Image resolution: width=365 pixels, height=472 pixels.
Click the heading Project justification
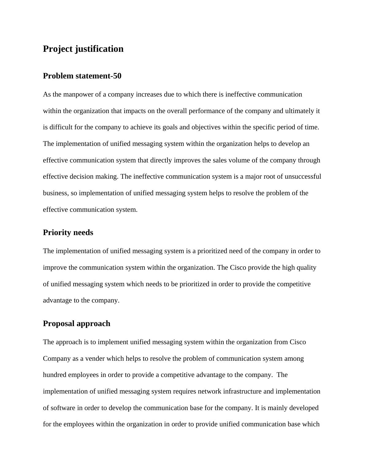[83, 49]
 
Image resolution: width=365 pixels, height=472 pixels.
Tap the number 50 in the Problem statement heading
[117, 76]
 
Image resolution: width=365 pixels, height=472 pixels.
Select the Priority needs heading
[68, 233]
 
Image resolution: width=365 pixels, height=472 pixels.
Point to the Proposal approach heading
[77, 324]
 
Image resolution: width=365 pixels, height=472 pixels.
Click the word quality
[306, 268]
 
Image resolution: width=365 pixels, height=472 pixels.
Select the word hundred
[56, 375]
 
